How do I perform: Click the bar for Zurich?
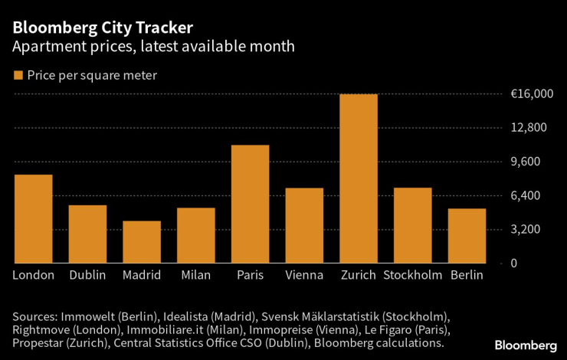click(x=359, y=178)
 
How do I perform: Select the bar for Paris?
click(x=250, y=204)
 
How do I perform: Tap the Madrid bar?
click(x=142, y=242)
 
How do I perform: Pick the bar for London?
click(x=34, y=219)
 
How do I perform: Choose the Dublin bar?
click(x=87, y=234)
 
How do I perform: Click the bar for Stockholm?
click(x=413, y=225)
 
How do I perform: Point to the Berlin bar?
click(x=467, y=236)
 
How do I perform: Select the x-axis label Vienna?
click(x=304, y=275)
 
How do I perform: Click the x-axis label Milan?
click(x=196, y=275)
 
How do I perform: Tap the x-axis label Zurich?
click(x=359, y=275)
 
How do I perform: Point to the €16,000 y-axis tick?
click(x=532, y=94)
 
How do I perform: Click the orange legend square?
click(x=18, y=75)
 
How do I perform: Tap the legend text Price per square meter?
click(x=93, y=75)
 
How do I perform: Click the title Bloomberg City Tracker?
click(x=102, y=28)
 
